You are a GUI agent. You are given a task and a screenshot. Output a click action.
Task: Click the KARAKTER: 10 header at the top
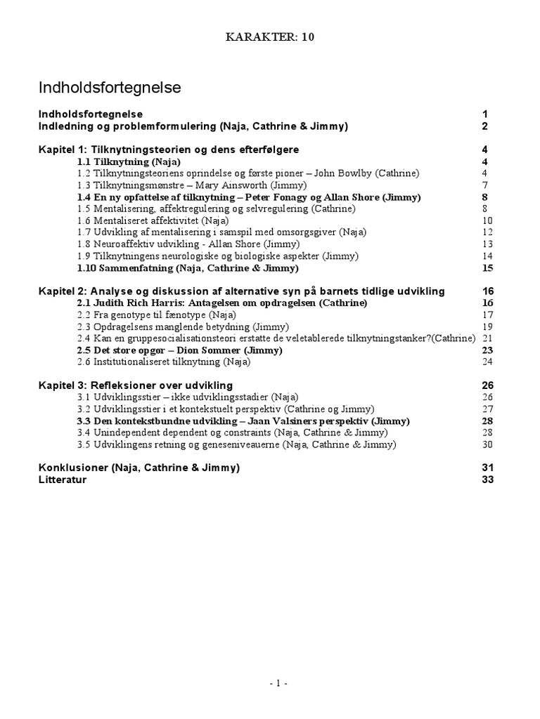(x=269, y=38)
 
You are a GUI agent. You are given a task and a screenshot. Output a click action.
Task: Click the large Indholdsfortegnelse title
(x=109, y=88)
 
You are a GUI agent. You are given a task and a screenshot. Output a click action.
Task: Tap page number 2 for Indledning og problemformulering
(x=484, y=126)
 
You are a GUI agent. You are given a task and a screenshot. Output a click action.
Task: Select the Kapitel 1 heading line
(x=169, y=150)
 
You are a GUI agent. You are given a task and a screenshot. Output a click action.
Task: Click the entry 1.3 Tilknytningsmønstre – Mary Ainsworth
(x=192, y=185)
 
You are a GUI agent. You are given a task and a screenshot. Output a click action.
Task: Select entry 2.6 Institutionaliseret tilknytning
(x=164, y=362)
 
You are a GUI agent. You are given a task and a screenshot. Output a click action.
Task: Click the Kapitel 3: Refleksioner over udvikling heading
(x=135, y=385)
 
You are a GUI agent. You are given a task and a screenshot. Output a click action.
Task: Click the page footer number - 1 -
(x=269, y=683)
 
